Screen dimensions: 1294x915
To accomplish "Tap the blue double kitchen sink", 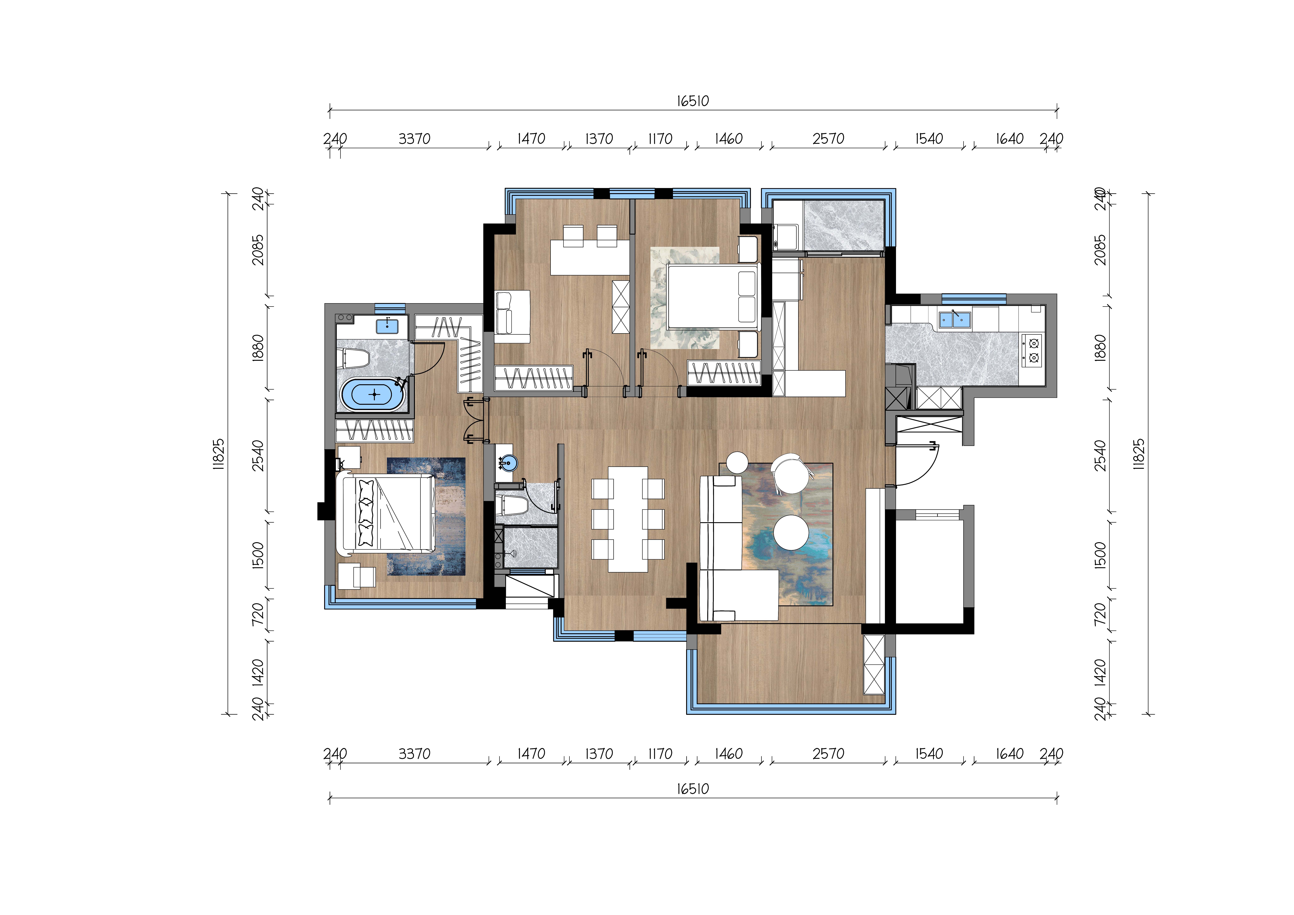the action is click(x=954, y=319).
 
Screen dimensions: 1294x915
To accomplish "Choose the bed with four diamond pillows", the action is click(x=385, y=513).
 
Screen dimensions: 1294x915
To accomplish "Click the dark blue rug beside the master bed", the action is click(x=426, y=516).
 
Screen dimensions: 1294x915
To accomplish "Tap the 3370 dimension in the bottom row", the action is click(x=414, y=754).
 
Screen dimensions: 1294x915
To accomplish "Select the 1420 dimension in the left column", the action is click(x=258, y=672).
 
